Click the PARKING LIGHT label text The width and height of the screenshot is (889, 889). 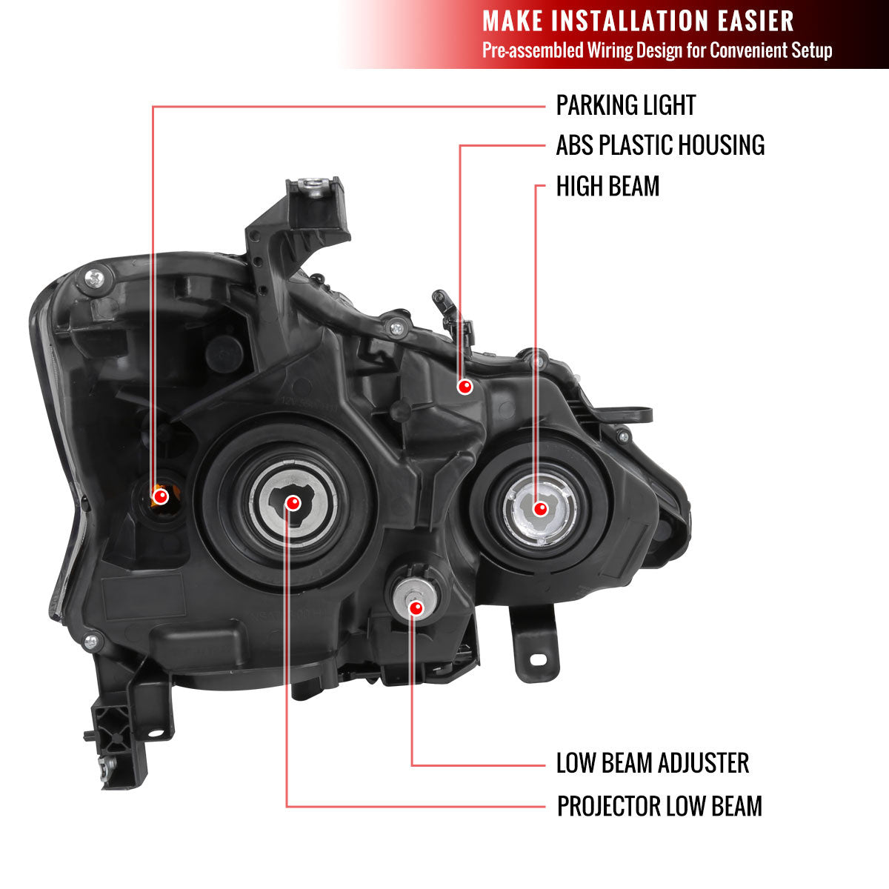626,105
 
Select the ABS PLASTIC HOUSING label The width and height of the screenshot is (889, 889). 660,145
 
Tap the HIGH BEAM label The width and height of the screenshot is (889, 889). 607,186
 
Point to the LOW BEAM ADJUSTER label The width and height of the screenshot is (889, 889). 653,763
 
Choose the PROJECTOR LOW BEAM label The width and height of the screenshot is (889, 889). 659,806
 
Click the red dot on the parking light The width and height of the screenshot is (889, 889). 159,494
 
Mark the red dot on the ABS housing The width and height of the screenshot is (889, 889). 465,386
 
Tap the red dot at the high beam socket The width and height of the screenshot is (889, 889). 540,509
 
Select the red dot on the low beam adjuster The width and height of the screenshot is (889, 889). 416,608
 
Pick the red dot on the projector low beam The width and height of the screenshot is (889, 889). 293,504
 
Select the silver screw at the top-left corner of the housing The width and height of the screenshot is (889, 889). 96,278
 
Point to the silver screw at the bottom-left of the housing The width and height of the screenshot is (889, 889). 91,642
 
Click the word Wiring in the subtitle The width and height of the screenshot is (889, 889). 607,50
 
